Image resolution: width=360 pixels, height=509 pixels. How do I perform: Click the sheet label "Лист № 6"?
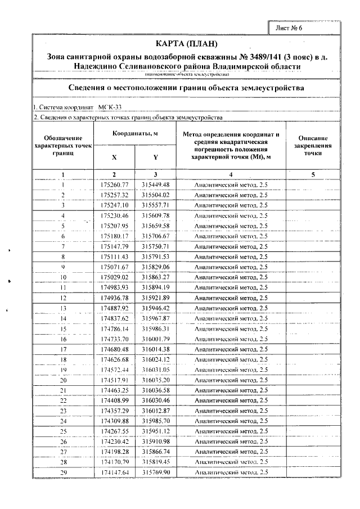tap(290, 28)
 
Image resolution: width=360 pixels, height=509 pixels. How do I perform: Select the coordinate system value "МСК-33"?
tap(110, 107)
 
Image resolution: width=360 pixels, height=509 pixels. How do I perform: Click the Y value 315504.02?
tap(156, 195)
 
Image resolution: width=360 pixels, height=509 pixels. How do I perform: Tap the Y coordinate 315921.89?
tap(156, 298)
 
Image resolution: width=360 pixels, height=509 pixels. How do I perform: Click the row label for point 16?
tap(64, 339)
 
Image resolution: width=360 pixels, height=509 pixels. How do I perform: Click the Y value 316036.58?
tap(156, 390)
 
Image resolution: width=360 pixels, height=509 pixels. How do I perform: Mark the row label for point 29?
tap(64, 472)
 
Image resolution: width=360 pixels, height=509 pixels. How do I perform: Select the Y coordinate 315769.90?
tap(156, 472)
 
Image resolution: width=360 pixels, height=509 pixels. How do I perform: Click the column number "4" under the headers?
tap(231, 174)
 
